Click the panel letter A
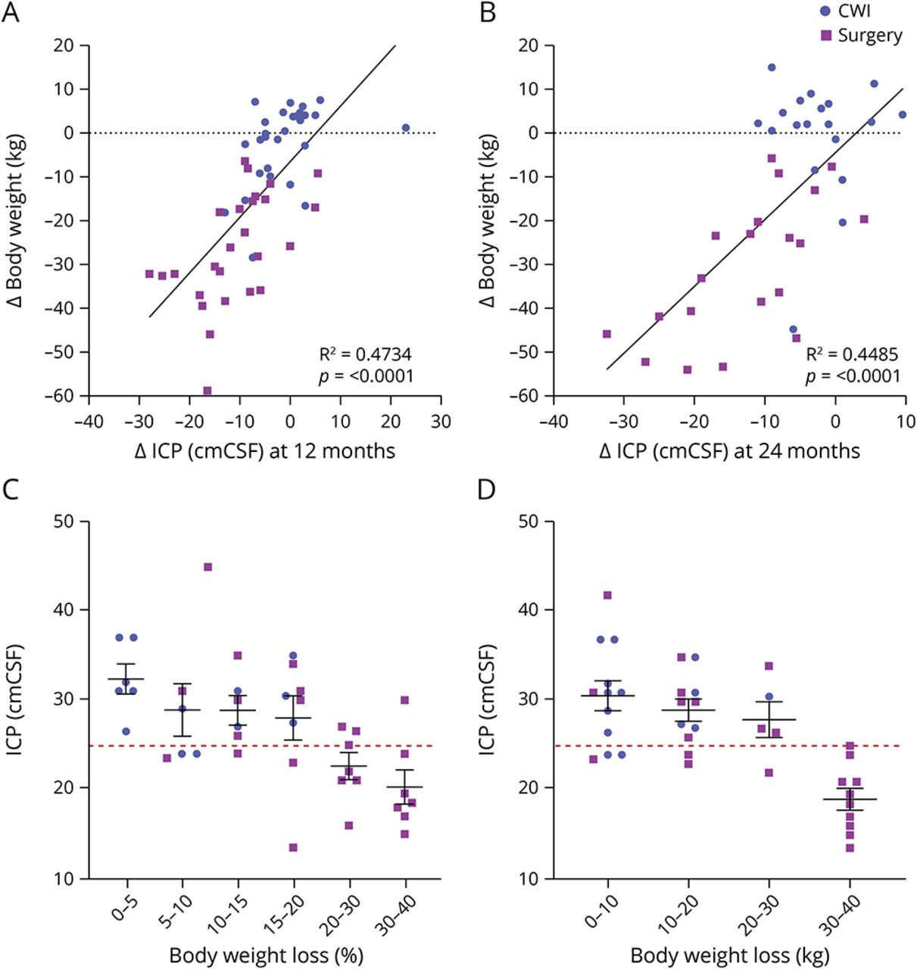(10, 13)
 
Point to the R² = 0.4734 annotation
(365, 354)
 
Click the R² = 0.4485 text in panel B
(851, 354)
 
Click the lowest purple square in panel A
(207, 391)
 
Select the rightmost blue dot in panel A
(405, 128)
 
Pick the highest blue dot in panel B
(772, 67)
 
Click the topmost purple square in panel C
(208, 567)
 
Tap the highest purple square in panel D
(607, 596)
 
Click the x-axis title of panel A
(264, 451)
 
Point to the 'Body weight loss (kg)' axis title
(730, 955)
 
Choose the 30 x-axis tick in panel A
(441, 422)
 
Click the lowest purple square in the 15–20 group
(293, 848)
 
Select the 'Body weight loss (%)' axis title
(264, 955)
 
